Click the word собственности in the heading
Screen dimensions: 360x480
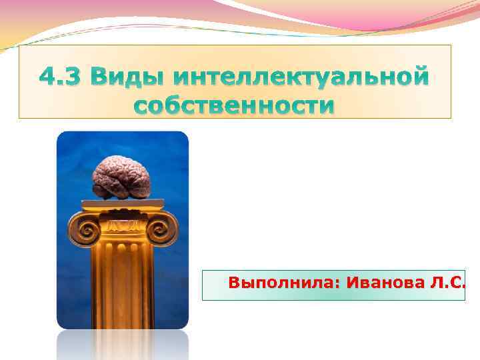233,106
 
